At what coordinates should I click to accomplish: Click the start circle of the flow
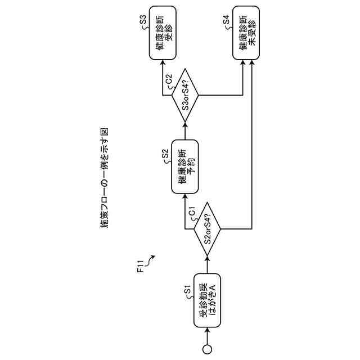(x=207, y=349)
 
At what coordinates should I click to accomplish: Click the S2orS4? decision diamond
(x=207, y=229)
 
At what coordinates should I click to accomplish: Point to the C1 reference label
(x=192, y=213)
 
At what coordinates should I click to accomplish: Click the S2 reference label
(x=165, y=153)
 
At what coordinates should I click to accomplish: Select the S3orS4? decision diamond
(x=185, y=94)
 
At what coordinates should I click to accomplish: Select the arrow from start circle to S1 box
(x=207, y=337)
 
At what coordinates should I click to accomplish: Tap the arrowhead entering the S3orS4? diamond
(x=185, y=122)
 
